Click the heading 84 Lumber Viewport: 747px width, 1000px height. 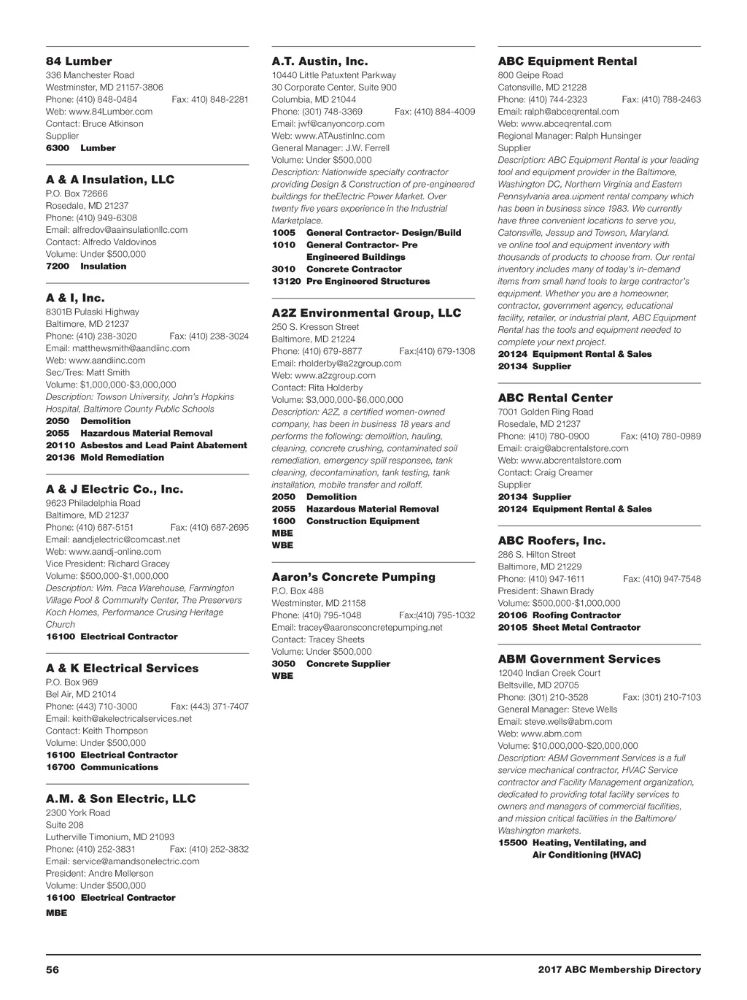[x=79, y=61]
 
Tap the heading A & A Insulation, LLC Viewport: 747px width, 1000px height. [x=110, y=180]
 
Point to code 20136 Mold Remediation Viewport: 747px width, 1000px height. [x=105, y=458]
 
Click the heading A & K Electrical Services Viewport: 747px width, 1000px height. [x=122, y=668]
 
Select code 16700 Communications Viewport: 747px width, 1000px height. [x=102, y=767]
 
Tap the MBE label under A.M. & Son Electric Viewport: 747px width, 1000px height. [x=56, y=913]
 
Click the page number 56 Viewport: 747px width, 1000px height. [x=52, y=970]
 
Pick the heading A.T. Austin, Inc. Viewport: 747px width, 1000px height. [x=320, y=61]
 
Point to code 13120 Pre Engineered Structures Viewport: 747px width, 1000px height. [x=351, y=281]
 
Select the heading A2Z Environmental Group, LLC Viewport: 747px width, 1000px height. [x=366, y=313]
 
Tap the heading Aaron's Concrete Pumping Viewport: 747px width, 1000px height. [x=353, y=577]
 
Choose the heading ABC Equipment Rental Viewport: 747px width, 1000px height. [x=568, y=61]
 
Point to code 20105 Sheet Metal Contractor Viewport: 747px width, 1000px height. [x=569, y=627]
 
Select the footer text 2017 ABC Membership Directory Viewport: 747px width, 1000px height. [x=619, y=970]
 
